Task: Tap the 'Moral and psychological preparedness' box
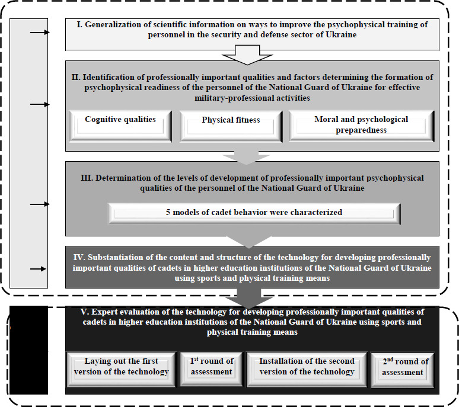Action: click(x=361, y=124)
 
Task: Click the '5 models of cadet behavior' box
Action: click(x=254, y=213)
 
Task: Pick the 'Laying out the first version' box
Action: click(x=122, y=367)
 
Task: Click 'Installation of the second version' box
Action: click(x=307, y=367)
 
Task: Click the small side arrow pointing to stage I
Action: click(x=39, y=33)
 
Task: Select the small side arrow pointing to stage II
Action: click(x=39, y=105)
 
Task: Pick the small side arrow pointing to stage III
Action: click(x=39, y=204)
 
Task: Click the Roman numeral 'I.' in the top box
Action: click(x=79, y=24)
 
